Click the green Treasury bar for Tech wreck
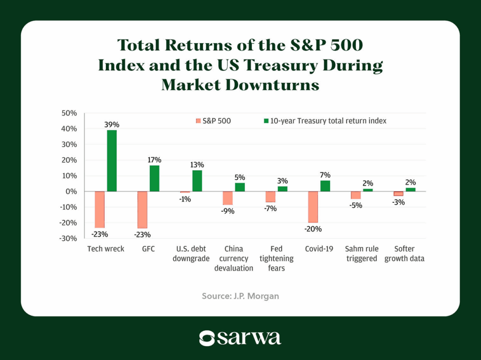click(112, 161)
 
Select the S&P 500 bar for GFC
click(142, 209)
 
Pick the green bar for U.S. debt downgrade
click(197, 181)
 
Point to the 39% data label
click(112, 125)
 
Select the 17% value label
click(155, 160)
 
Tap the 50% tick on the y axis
click(70, 113)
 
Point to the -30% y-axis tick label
click(69, 238)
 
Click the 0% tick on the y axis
click(72, 191)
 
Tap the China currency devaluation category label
click(233, 258)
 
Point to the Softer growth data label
click(404, 253)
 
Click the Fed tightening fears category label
click(277, 258)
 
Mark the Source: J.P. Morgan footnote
click(240, 296)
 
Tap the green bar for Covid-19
click(326, 186)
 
